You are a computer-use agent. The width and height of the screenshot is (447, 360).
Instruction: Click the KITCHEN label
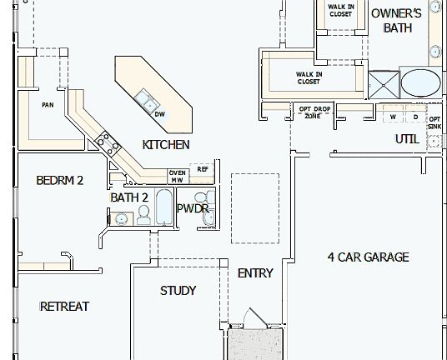[166, 144]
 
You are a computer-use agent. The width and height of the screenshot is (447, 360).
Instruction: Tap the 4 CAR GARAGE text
[368, 257]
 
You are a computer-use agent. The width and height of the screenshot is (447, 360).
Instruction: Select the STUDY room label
[178, 290]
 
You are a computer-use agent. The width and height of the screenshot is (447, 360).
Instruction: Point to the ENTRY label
[255, 272]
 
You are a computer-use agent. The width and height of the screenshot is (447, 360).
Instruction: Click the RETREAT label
[64, 306]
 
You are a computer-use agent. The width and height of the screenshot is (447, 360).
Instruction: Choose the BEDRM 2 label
[60, 180]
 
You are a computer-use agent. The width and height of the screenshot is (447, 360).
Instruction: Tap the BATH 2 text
[129, 197]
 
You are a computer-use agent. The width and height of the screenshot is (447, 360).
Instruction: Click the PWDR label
[192, 208]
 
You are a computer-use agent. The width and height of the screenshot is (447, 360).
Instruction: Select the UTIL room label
[407, 139]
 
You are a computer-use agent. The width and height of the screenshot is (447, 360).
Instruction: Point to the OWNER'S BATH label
[397, 20]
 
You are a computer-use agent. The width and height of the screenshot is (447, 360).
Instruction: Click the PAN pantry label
[48, 105]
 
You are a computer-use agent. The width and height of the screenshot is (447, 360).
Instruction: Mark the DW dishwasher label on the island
[160, 114]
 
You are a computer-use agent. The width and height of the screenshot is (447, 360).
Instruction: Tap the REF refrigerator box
[203, 170]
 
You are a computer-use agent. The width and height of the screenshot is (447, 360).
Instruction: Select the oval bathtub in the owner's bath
[422, 83]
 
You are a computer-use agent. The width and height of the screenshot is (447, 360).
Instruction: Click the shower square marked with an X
[384, 83]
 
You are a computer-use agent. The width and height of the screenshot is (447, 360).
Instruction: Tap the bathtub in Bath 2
[163, 207]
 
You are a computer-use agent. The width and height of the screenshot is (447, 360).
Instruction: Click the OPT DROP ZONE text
[313, 112]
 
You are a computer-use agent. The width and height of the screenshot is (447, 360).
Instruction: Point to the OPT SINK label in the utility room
[434, 122]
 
